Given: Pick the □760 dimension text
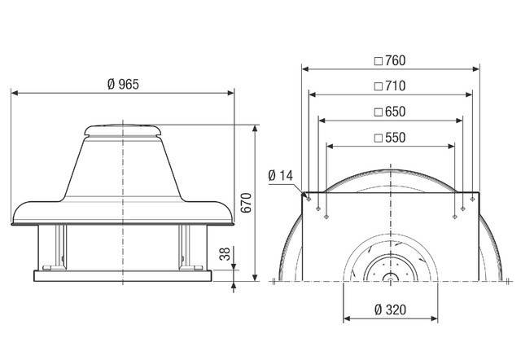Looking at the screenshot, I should (388, 60).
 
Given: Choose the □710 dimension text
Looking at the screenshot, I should (388, 86).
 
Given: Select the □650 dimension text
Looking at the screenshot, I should (388, 111).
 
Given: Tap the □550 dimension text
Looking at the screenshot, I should (388, 138).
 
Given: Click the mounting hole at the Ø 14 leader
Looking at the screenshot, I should (308, 195).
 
